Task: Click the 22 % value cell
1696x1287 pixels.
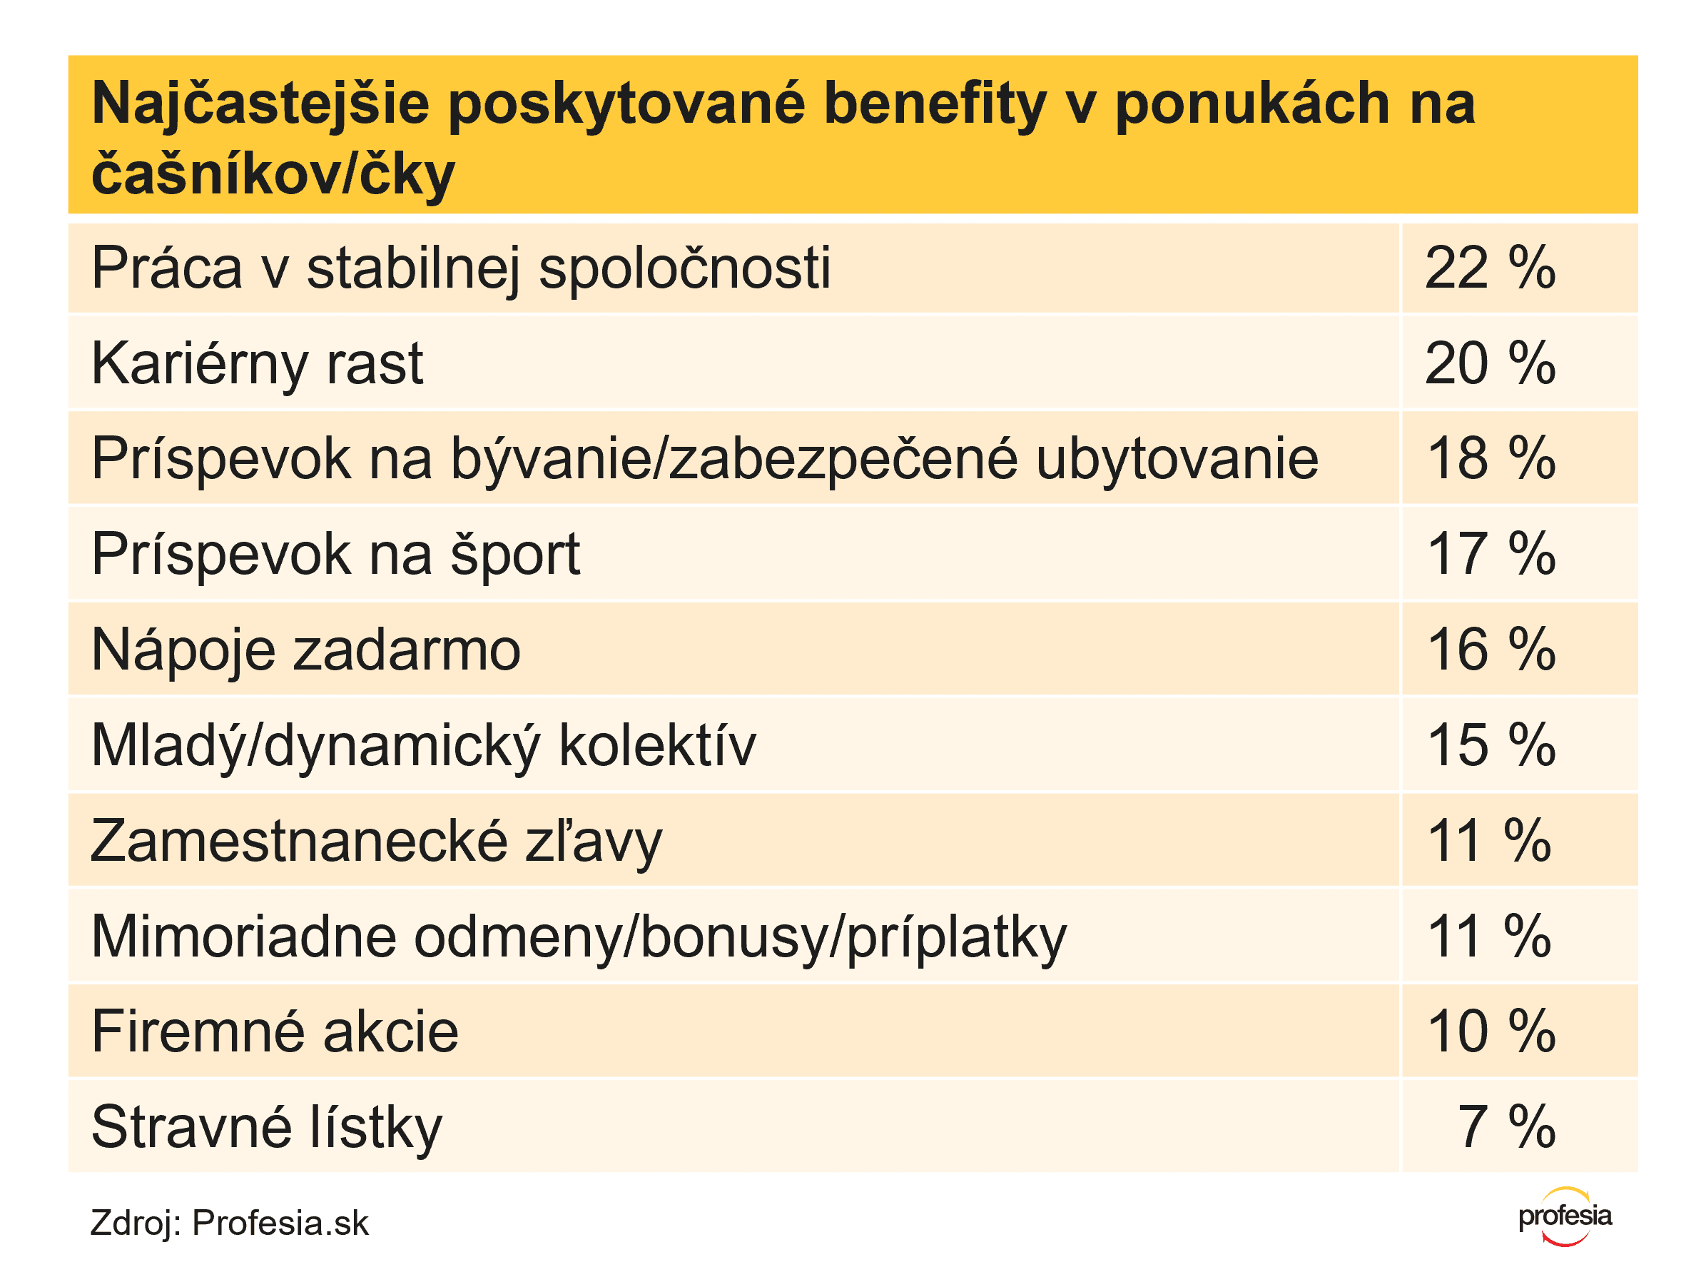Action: coord(1489,268)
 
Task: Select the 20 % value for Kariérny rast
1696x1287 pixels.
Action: coord(1489,363)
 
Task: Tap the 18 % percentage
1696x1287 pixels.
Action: coord(1491,459)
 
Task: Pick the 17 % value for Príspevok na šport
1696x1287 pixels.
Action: coord(1491,554)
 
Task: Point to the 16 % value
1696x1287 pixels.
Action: coord(1491,650)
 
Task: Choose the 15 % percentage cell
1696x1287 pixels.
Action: coord(1491,745)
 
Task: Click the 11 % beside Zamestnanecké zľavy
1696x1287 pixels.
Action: coord(1488,841)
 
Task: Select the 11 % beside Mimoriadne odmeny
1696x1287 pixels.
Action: coord(1488,936)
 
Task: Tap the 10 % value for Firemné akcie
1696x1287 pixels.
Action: coord(1491,1031)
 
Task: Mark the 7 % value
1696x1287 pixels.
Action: coord(1505,1126)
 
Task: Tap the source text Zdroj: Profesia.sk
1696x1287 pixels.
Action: coord(229,1223)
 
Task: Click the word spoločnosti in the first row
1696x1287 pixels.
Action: coord(685,268)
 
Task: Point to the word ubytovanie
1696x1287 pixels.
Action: coord(1177,459)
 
